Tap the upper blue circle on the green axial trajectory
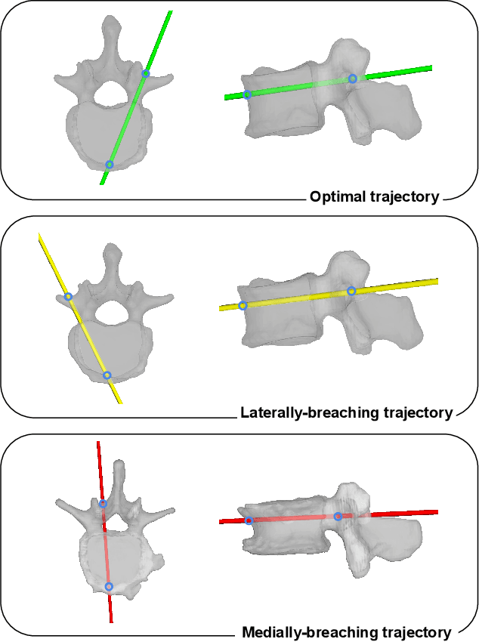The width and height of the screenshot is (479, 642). point(146,73)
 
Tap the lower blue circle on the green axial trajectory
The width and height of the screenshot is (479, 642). point(110,164)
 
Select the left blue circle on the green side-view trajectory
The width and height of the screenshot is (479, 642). point(247,94)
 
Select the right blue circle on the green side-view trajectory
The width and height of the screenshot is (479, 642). point(352,78)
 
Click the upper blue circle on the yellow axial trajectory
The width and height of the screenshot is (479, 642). point(68,297)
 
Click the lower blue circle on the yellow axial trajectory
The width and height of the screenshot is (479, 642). point(107,375)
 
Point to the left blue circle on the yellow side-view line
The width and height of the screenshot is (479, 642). point(243,306)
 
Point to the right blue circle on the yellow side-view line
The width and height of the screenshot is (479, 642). point(351,291)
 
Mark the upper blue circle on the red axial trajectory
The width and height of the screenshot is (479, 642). point(103,503)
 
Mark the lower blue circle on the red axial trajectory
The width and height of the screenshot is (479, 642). point(109,586)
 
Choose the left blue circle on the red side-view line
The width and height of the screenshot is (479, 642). point(249,520)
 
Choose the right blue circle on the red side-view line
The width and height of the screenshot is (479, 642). point(338,517)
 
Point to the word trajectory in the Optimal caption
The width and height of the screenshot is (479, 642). point(405,197)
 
